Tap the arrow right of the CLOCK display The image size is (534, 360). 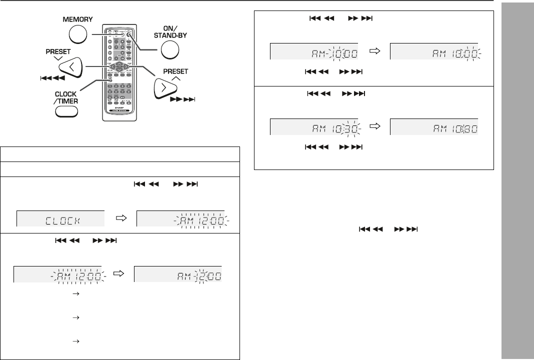(121, 218)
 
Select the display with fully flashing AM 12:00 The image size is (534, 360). (180, 219)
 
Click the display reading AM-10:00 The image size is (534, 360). (314, 52)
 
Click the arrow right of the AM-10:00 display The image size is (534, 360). (374, 51)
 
